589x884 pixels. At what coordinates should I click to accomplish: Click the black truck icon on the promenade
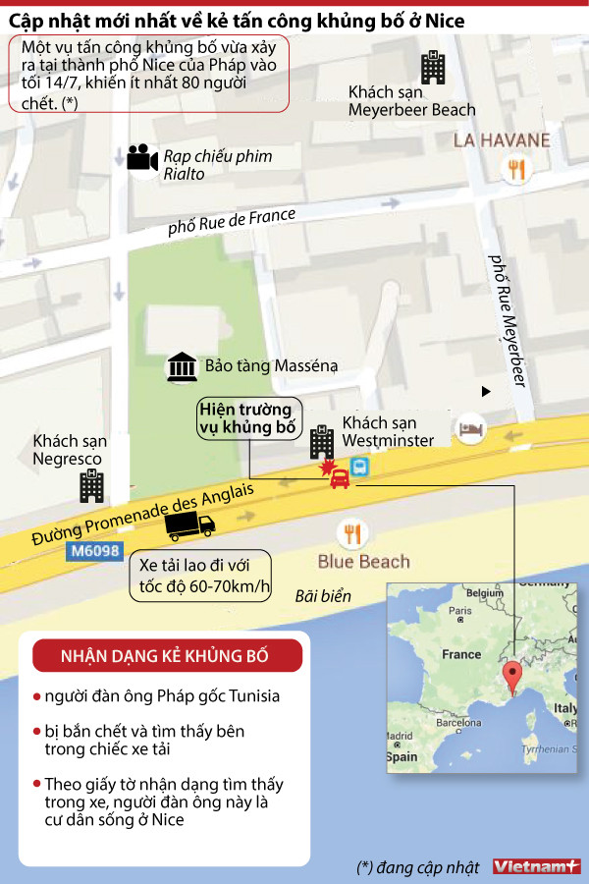(x=189, y=527)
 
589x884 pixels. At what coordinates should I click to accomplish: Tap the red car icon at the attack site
(x=340, y=478)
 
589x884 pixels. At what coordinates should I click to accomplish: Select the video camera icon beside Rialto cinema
(x=142, y=157)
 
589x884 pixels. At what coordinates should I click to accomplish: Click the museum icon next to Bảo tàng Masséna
(x=181, y=366)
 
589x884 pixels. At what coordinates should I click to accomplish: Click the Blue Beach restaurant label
(x=363, y=562)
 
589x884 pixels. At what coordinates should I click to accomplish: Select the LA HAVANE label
(x=502, y=140)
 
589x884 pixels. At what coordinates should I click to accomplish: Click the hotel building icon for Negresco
(x=92, y=485)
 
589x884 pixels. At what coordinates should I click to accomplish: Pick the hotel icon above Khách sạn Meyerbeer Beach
(x=433, y=67)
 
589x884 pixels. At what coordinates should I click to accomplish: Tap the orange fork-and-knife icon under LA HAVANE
(x=514, y=170)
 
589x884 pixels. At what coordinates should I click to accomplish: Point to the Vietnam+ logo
(x=536, y=866)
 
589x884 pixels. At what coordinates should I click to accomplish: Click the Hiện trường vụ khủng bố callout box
(x=247, y=417)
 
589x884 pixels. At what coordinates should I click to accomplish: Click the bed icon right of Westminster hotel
(x=472, y=429)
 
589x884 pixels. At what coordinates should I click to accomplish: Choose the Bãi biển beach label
(x=323, y=596)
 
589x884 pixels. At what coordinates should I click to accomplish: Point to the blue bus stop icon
(x=360, y=467)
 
